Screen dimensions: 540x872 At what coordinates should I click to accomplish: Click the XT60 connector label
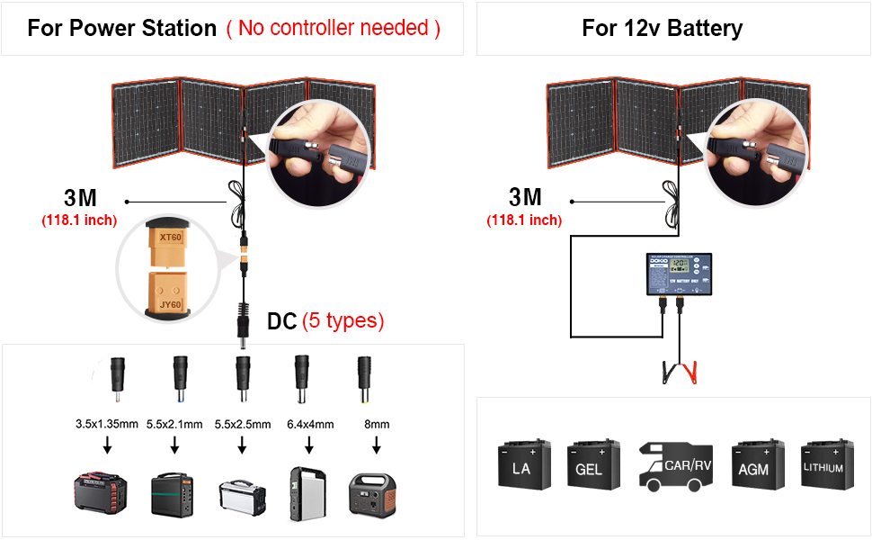pos(169,238)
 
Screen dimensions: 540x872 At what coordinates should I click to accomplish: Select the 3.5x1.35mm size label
pos(107,424)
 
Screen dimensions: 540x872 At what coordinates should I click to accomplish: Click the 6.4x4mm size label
pos(309,424)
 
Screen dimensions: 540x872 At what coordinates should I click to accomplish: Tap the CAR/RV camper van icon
pos(675,465)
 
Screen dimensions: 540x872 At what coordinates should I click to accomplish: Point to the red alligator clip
pos(691,370)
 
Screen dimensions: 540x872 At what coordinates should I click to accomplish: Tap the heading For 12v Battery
pos(662,28)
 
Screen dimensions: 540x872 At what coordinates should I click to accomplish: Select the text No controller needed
pos(334,28)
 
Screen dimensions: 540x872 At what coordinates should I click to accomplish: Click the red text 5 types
pos(343,320)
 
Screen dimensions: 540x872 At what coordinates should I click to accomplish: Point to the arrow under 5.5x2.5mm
pos(242,445)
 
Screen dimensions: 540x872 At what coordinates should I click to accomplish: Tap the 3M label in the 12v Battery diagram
pos(526,196)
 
